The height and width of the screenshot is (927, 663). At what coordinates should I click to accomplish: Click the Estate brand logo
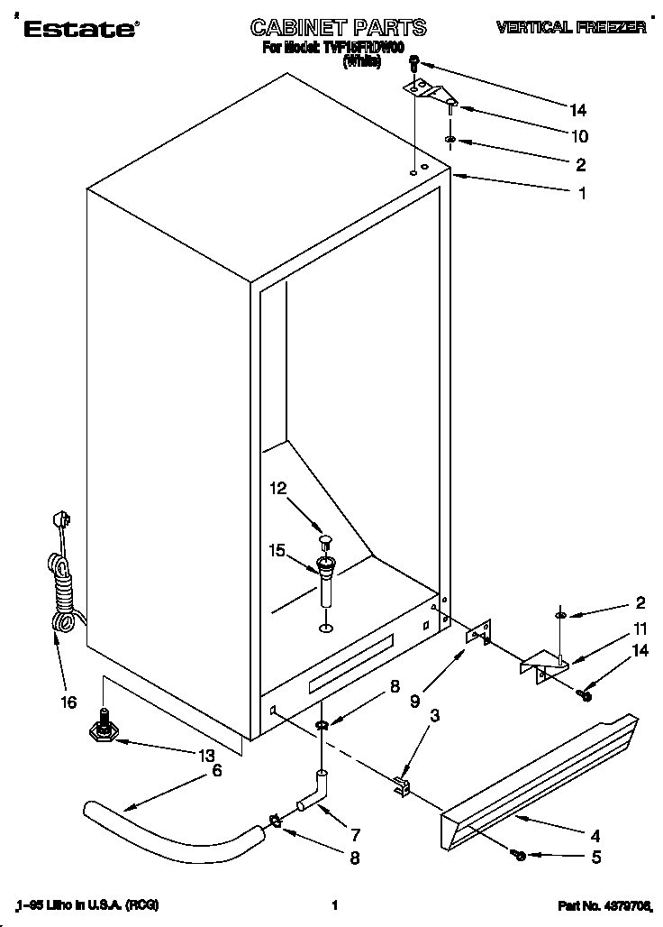point(79,29)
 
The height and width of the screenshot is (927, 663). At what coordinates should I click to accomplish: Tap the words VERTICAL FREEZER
point(571,28)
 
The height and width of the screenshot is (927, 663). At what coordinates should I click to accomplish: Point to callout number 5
point(595,858)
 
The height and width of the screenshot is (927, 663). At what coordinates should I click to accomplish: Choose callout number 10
point(578,136)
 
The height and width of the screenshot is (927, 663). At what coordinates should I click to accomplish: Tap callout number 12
point(278,488)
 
